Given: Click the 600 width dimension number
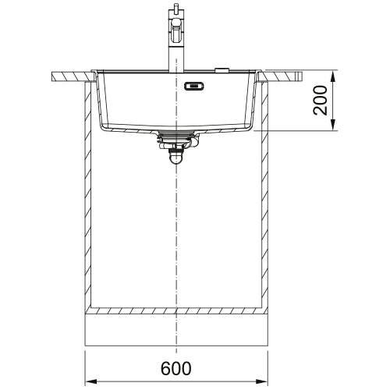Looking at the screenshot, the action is coord(176,368).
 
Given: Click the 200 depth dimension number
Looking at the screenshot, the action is coord(320,101).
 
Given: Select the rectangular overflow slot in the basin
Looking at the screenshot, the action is coord(193,86).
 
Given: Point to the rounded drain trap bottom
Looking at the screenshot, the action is coord(176,158).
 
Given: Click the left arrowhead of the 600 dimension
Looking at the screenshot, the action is coord(90,381).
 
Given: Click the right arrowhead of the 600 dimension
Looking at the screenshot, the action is coord(262,381).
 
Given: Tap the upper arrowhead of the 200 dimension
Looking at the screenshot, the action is coord(333,76).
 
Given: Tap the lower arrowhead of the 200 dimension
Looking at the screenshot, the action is coord(333,125).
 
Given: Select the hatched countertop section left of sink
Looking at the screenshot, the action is coord(73,77).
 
